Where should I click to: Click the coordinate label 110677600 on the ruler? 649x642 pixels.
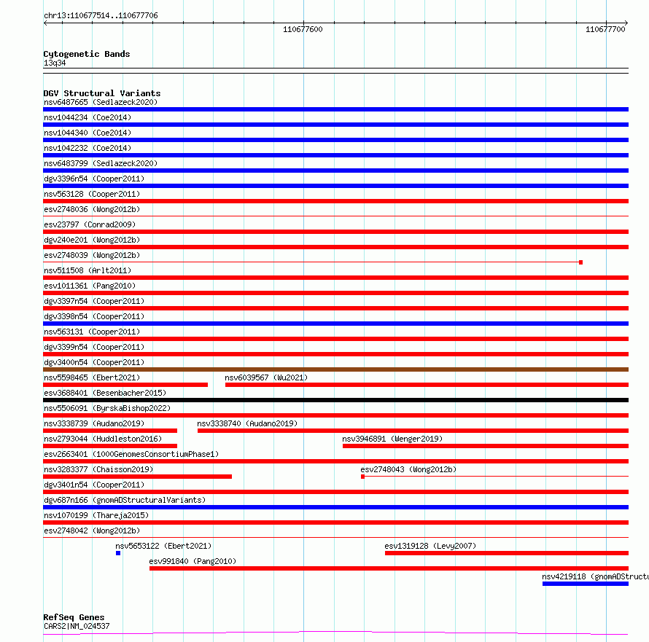[x=303, y=30]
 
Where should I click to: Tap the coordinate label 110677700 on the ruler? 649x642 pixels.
[x=605, y=30]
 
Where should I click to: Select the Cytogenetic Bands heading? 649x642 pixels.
[x=86, y=54]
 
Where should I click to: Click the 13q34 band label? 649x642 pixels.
[x=55, y=63]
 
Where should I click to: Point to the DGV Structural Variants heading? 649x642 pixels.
[x=101, y=93]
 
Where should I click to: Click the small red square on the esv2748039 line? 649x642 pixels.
[x=580, y=262]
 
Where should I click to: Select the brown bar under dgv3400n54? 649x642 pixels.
[x=335, y=369]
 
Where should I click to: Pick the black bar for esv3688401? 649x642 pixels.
[x=335, y=400]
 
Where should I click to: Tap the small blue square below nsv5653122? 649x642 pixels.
[x=118, y=553]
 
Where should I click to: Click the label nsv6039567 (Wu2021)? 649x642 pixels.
[x=265, y=377]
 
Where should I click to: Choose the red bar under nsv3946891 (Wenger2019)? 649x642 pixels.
[x=485, y=446]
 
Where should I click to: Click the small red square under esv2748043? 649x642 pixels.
[x=362, y=477]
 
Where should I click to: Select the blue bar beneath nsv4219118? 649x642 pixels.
[x=585, y=584]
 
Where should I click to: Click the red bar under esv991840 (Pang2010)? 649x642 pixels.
[x=389, y=568]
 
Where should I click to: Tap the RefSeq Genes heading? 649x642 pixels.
[x=74, y=617]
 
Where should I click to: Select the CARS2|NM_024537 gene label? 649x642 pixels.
[x=77, y=626]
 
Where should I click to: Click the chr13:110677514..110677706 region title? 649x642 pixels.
[x=101, y=15]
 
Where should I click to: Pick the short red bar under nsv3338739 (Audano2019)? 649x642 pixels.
[x=110, y=431]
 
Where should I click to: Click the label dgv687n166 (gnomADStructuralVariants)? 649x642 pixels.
[x=124, y=500]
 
